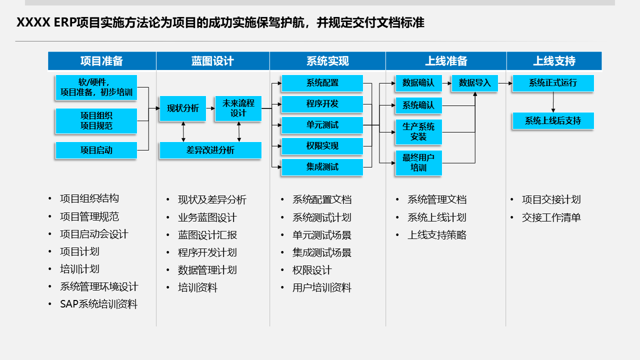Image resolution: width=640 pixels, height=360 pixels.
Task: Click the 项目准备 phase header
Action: tap(101, 61)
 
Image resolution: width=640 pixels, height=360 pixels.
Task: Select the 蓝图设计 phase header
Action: tap(212, 61)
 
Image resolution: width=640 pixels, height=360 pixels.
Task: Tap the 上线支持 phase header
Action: tap(554, 61)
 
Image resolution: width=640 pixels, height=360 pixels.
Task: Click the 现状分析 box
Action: tap(182, 108)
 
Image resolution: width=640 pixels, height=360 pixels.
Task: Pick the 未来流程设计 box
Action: tap(238, 108)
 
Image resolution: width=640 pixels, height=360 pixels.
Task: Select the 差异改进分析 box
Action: tap(210, 150)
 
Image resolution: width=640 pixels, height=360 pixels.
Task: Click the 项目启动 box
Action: tap(96, 150)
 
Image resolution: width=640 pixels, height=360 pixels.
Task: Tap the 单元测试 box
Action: tap(322, 125)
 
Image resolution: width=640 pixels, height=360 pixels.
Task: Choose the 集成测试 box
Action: tap(322, 167)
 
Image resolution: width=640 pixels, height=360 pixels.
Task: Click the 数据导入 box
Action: tap(475, 83)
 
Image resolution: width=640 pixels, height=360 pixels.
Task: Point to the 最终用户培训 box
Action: tap(418, 163)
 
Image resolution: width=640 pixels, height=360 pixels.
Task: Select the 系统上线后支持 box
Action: tap(553, 121)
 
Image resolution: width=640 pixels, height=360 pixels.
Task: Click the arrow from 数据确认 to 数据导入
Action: tap(447, 83)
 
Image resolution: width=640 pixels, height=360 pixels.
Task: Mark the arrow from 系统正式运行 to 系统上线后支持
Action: tap(553, 102)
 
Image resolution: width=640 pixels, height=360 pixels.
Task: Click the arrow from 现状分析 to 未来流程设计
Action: tap(210, 108)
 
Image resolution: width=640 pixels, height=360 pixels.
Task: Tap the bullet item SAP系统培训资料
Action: tap(98, 304)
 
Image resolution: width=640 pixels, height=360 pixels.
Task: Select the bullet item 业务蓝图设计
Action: tap(207, 217)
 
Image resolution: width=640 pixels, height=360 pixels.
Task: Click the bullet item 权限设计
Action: tap(312, 270)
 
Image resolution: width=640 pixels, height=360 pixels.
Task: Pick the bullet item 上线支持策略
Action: tap(436, 235)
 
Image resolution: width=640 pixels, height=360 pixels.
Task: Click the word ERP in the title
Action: tap(64, 23)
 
